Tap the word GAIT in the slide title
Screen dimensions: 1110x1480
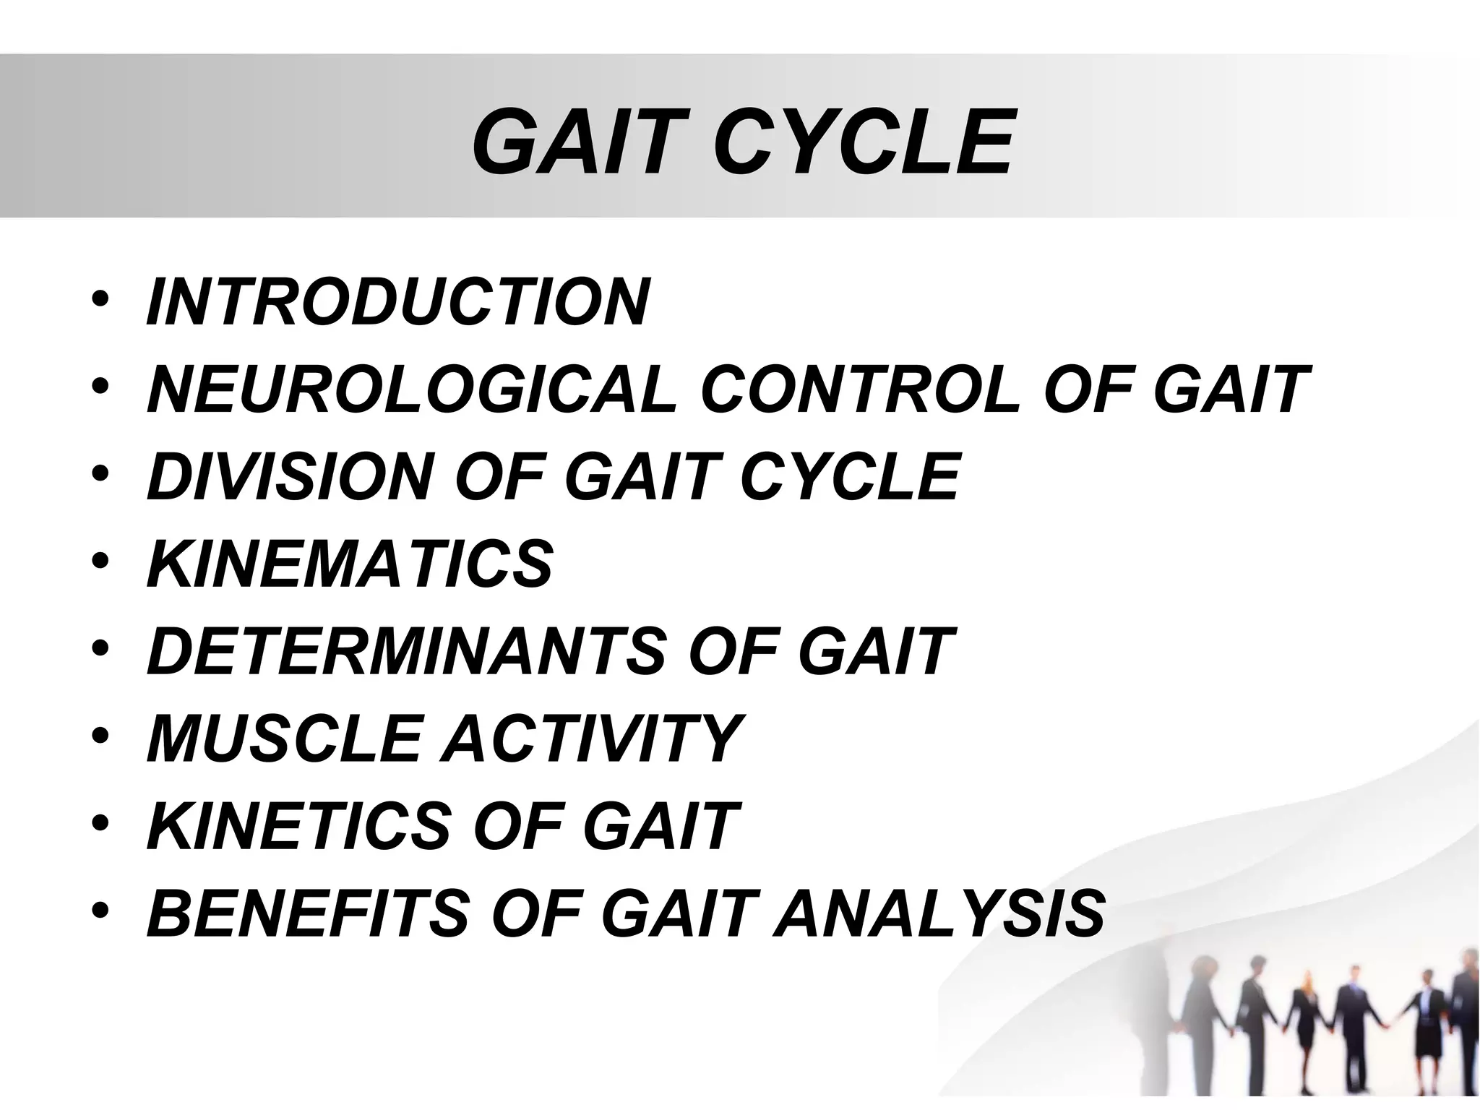pos(567,143)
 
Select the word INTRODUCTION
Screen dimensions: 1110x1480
pos(397,302)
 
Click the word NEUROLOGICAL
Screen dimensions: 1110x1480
pos(412,390)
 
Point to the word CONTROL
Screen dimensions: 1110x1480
pos(867,390)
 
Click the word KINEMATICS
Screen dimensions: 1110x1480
pos(350,564)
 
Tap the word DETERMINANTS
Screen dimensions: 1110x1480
pos(405,651)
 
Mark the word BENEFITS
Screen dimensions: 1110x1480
pos(308,912)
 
